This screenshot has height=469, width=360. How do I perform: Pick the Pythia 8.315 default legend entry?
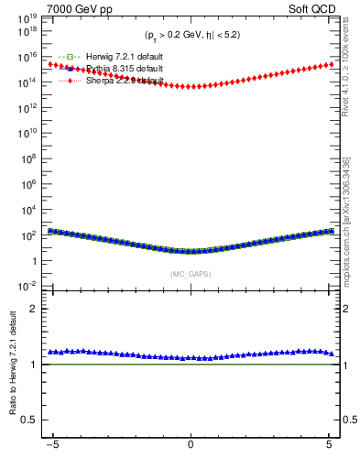115,69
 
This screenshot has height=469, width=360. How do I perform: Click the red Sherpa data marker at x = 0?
191,86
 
